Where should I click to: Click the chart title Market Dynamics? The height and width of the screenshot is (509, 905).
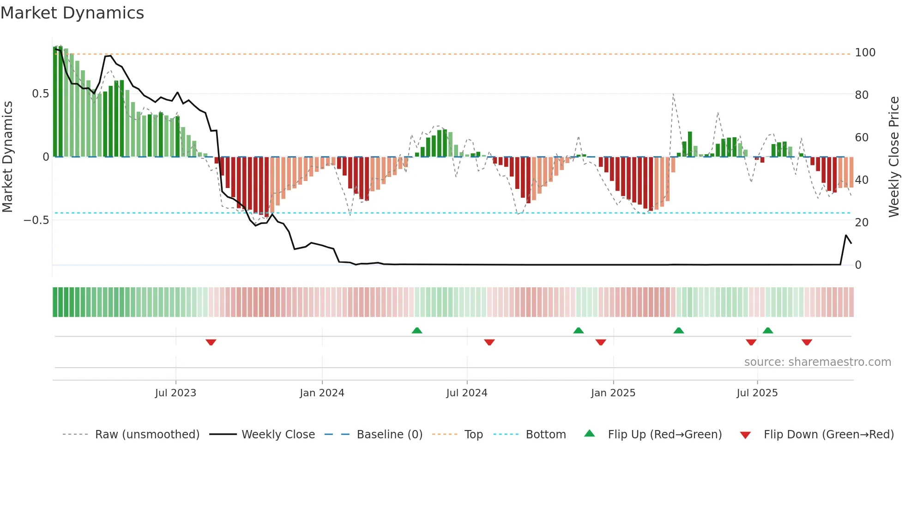(x=72, y=13)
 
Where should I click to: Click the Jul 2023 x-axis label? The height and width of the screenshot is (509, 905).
(x=175, y=393)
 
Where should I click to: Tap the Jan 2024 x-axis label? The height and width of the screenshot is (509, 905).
(x=322, y=393)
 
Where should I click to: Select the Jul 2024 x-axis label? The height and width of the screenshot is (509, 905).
(x=467, y=393)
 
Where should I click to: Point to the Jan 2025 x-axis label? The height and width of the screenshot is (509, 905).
(x=613, y=393)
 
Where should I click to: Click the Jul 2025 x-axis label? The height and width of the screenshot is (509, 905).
(x=757, y=393)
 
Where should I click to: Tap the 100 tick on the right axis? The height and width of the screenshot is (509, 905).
(x=865, y=53)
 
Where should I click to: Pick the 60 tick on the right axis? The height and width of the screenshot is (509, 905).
(x=862, y=138)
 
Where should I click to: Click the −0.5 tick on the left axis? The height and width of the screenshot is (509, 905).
(x=36, y=220)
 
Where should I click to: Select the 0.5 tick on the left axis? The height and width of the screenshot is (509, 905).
(x=40, y=94)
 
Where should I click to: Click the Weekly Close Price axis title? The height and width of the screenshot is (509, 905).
(x=894, y=157)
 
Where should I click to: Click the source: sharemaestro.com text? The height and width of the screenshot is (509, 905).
(x=817, y=362)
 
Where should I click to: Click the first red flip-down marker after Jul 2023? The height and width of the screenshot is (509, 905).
(x=211, y=342)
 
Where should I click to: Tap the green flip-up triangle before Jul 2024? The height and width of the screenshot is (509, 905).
(x=417, y=330)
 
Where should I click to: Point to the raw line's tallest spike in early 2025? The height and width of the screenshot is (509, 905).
(x=673, y=95)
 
